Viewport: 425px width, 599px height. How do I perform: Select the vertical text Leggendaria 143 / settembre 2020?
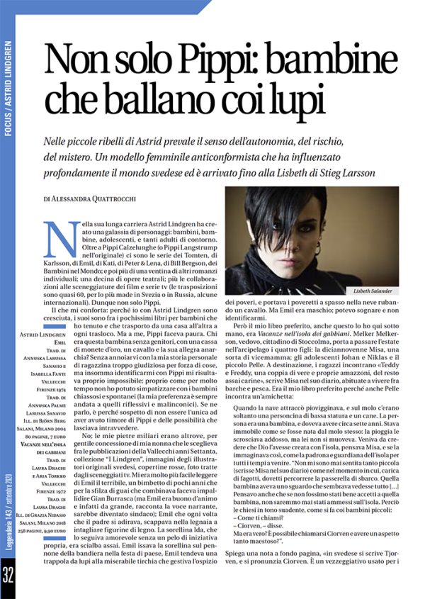click(x=8, y=510)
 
